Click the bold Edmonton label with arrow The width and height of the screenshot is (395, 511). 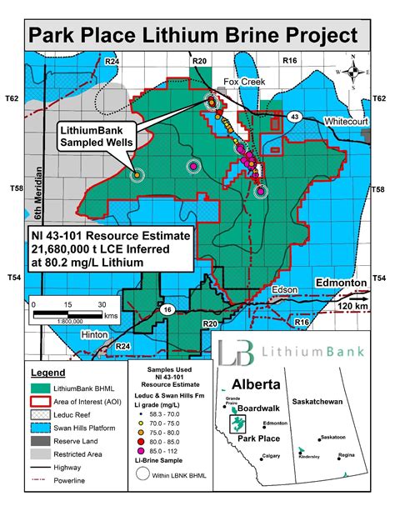coord(341,283)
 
